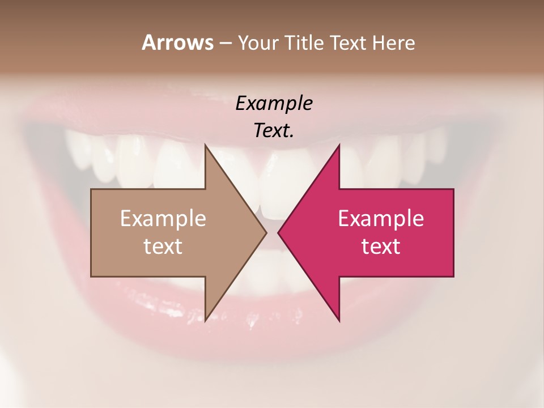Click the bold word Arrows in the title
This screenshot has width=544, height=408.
[x=177, y=42]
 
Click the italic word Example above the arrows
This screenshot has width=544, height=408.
[x=274, y=104]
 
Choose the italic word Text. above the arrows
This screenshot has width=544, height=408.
[x=274, y=131]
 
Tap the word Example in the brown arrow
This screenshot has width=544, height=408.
[x=163, y=219]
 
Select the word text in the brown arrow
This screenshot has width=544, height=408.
[x=163, y=246]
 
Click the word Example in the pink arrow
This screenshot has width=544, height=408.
[x=381, y=219]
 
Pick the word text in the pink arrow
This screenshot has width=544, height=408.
[x=381, y=246]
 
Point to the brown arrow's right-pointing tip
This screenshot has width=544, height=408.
[x=266, y=232]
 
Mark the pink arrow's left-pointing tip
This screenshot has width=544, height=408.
[x=278, y=232]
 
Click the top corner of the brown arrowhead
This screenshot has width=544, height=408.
[x=205, y=144]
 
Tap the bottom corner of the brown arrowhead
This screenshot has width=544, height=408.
[x=205, y=321]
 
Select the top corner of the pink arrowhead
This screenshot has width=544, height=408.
[x=339, y=144]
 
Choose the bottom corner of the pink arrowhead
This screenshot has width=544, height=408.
[x=339, y=321]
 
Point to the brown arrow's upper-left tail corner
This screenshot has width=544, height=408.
[x=91, y=189]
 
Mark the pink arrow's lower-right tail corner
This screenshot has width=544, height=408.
[x=453, y=276]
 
